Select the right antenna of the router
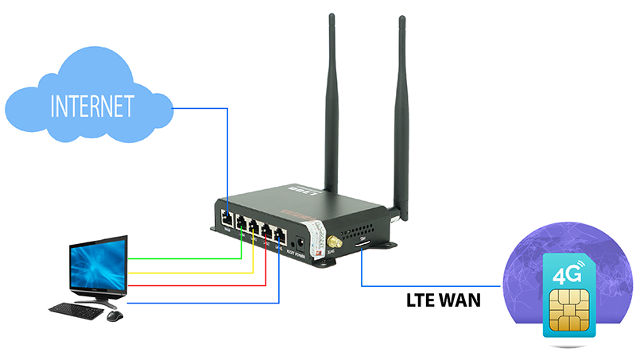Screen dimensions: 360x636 pos(397,111)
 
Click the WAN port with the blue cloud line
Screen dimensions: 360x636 pos(227,216)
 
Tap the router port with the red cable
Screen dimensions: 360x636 pos(267,231)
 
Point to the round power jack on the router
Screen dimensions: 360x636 pos(300,241)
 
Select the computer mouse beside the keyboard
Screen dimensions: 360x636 pos(114,315)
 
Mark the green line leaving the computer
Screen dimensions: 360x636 pos(183,258)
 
